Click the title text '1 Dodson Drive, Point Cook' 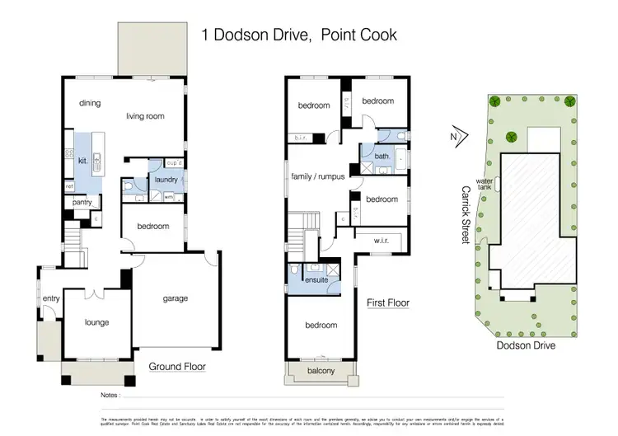click(299, 35)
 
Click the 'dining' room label click(89, 104)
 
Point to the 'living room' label click(145, 116)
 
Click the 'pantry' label click(82, 202)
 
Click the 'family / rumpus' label click(317, 176)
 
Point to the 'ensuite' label click(316, 280)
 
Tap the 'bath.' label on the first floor click(382, 155)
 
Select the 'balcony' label click(320, 372)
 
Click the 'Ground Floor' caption click(177, 367)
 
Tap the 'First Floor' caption click(387, 302)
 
